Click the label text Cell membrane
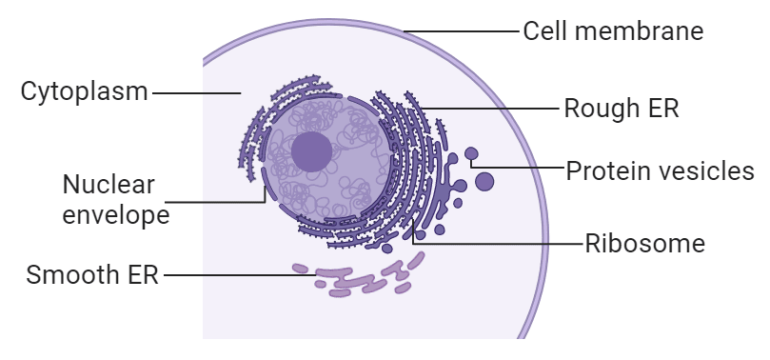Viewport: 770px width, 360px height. pyautogui.click(x=613, y=31)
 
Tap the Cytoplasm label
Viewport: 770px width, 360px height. pyautogui.click(x=85, y=92)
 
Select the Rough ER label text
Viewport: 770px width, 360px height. pyautogui.click(x=622, y=108)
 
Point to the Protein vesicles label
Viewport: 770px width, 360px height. pyautogui.click(x=660, y=171)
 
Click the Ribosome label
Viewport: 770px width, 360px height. pyautogui.click(x=644, y=244)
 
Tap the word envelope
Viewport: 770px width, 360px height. pyautogui.click(x=115, y=214)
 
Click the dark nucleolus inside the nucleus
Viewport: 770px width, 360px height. pyautogui.click(x=311, y=151)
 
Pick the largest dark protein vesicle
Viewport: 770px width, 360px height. pyautogui.click(x=484, y=181)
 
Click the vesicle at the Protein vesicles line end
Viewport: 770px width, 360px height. pyautogui.click(x=471, y=153)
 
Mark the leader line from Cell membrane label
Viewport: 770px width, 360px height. pyautogui.click(x=466, y=31)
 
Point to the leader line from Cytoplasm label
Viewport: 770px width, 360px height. pyautogui.click(x=195, y=92)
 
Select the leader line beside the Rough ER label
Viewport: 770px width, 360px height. pyautogui.click(x=495, y=108)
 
